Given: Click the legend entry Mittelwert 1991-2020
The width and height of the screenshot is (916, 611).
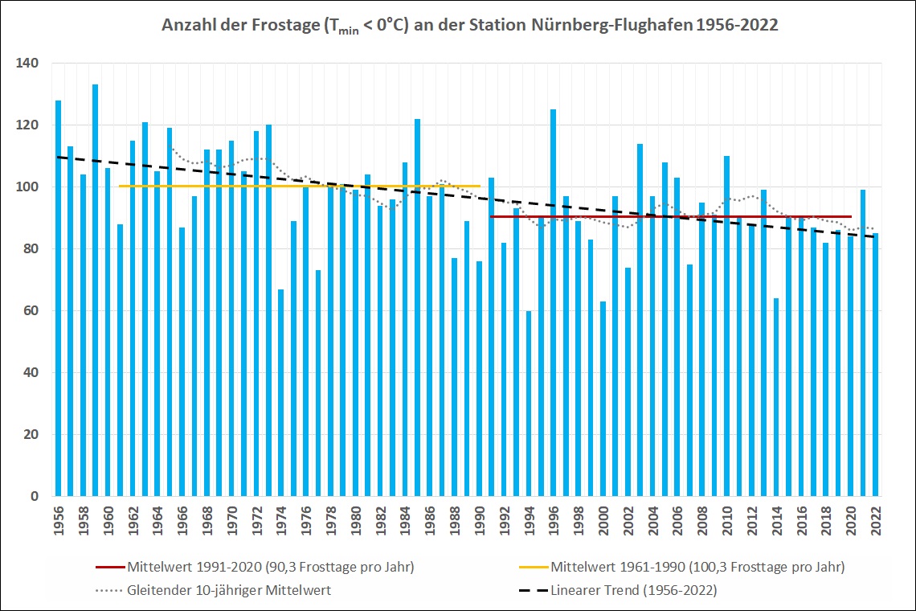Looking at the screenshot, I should pyautogui.click(x=270, y=567).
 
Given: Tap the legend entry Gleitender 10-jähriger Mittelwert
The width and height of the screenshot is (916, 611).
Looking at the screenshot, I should pyautogui.click(x=229, y=590).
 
